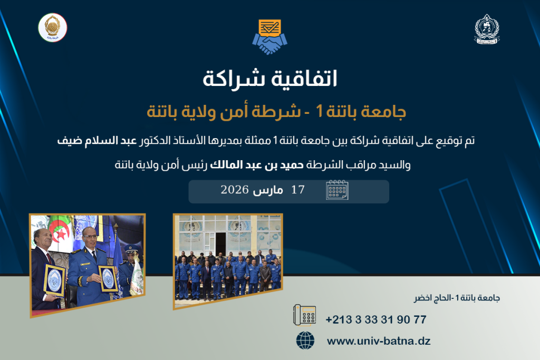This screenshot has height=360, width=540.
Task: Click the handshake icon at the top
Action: (x=269, y=37)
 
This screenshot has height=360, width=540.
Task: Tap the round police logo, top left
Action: (x=53, y=27)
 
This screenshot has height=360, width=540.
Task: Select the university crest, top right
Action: (x=487, y=30)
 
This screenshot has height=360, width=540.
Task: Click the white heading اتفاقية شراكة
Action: (x=269, y=79)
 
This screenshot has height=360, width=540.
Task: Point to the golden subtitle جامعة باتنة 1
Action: (x=361, y=112)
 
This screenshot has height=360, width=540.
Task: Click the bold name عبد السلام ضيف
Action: (x=97, y=140)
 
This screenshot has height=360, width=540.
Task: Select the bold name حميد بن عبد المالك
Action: (x=257, y=165)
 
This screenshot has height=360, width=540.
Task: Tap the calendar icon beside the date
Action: (x=337, y=190)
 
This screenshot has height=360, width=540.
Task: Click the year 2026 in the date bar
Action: (x=235, y=190)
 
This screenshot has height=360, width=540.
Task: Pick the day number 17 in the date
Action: (x=298, y=190)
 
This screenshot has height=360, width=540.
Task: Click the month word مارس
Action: (x=268, y=190)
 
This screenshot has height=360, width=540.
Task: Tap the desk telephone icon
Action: (x=304, y=315)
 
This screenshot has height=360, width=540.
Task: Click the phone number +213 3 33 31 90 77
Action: (x=376, y=320)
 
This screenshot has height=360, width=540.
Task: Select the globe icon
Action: (x=305, y=340)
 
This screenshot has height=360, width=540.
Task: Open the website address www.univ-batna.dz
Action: (x=379, y=341)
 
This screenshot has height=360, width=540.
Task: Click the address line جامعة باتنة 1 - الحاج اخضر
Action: (x=457, y=298)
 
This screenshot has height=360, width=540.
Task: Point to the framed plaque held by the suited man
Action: (x=54, y=280)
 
